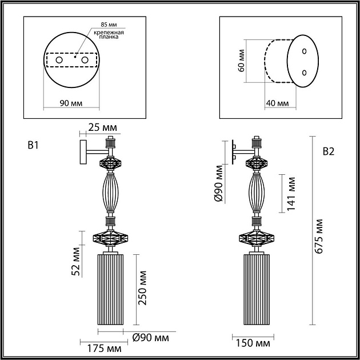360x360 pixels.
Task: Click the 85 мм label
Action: (109, 25)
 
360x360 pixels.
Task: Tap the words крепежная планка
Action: (109, 34)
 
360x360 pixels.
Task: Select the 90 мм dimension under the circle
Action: (71, 103)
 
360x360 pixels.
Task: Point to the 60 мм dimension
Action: (241, 61)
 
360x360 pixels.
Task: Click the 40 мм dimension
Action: (277, 103)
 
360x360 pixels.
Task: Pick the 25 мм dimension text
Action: (102, 127)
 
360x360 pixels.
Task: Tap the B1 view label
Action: (33, 145)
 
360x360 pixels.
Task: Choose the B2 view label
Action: (329, 151)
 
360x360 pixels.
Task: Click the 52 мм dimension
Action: (75, 261)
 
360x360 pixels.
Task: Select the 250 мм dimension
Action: (142, 288)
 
